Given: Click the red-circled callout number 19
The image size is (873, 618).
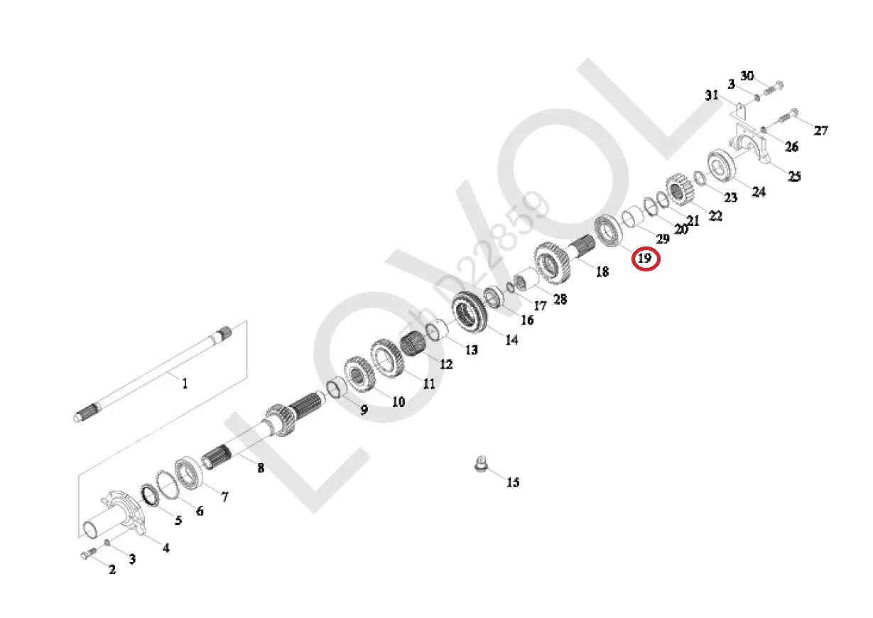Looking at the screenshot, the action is (645, 258).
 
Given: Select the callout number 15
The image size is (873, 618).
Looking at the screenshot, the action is (513, 482).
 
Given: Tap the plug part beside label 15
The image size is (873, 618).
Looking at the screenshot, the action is (482, 464).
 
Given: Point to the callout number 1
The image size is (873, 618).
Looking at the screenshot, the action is (185, 384).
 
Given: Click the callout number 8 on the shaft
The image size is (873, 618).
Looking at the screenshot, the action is (261, 468).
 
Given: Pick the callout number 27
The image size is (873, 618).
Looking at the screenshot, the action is (820, 130).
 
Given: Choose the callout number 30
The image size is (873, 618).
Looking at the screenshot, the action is (747, 75).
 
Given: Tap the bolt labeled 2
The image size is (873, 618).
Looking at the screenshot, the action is (89, 553).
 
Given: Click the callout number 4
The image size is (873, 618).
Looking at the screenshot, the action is (166, 548).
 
